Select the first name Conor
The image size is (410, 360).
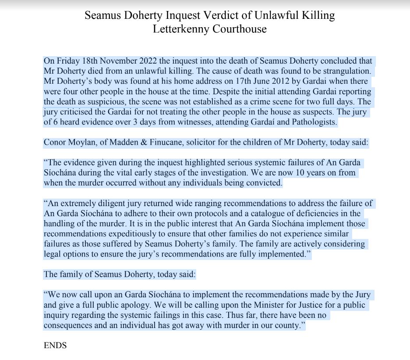tap(54, 142)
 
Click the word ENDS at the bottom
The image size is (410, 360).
tap(55, 346)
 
